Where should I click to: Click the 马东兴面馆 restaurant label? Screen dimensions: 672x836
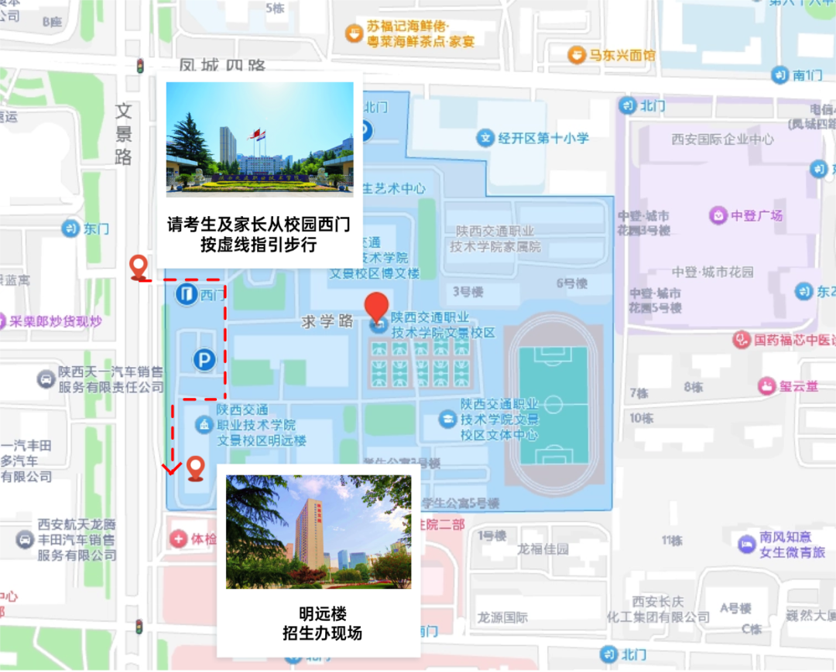[622, 56]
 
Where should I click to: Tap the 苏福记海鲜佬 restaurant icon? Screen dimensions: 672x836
[354, 33]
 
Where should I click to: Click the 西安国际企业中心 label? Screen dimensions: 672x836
[722, 139]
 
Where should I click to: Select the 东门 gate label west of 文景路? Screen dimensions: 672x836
[97, 228]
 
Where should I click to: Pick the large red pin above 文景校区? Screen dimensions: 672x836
[378, 308]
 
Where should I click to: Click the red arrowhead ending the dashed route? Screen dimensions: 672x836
[172, 468]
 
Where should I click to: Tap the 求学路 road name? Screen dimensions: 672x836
[327, 321]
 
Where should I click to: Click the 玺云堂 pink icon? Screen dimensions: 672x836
[766, 386]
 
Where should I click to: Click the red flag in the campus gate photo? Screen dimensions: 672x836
[251, 135]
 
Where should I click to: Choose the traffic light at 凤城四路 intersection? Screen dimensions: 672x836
[140, 67]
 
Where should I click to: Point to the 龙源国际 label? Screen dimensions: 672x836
[502, 617]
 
